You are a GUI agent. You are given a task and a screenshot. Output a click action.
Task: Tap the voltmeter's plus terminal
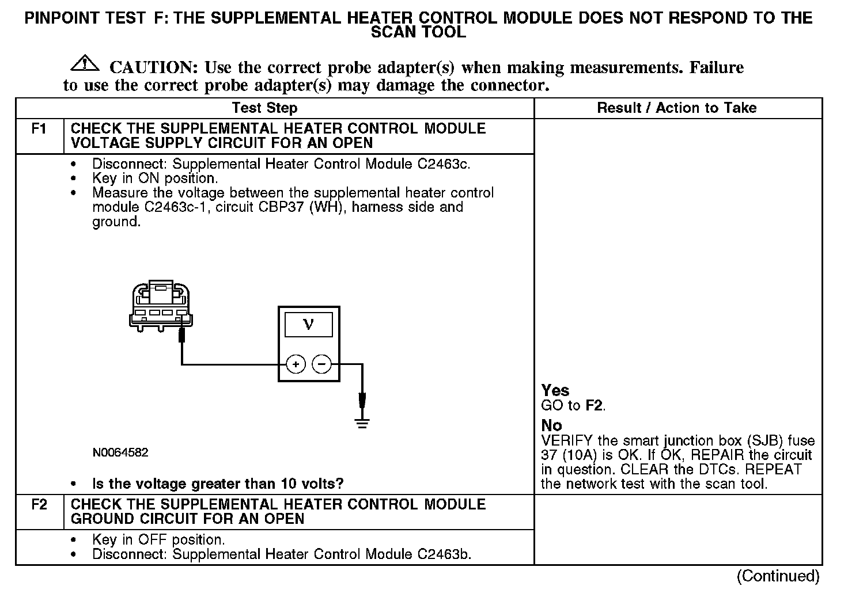coord(296,364)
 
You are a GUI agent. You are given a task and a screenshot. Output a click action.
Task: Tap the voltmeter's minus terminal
coord(321,364)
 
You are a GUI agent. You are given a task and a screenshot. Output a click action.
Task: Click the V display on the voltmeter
coord(308,325)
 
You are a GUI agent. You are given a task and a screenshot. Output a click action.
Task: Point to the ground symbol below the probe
coord(362,424)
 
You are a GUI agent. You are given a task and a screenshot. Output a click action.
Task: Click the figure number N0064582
coord(120,452)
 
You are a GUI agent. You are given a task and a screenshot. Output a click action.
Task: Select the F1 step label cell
coord(39,129)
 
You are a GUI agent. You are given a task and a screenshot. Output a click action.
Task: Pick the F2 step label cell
coord(39,505)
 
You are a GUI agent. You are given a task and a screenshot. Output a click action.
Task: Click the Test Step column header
coord(264,108)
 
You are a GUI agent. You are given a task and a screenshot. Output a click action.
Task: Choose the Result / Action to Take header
coord(677,108)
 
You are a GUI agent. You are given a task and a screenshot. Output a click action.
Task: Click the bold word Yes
coord(555,390)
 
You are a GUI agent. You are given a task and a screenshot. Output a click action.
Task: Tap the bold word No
coord(551,425)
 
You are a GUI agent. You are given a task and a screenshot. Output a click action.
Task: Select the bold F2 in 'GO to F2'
coord(594,405)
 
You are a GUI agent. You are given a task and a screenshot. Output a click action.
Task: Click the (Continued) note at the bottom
coord(778,576)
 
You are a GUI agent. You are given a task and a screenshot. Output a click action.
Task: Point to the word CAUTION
coord(154,68)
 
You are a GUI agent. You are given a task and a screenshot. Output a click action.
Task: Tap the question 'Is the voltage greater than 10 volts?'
coord(218,484)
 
